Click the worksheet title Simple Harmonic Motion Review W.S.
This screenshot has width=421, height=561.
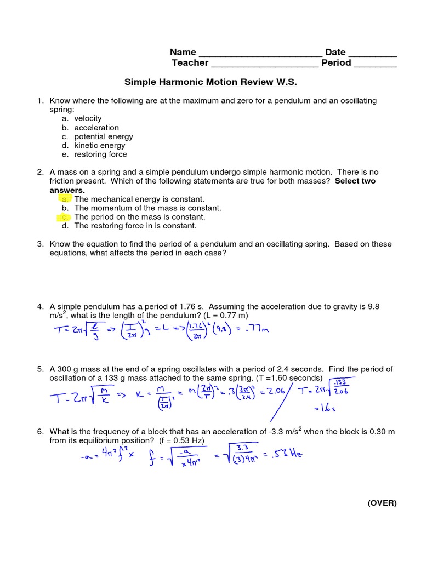(210, 82)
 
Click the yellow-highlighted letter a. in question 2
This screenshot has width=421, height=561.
(65, 199)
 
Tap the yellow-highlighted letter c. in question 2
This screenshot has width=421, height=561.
(65, 217)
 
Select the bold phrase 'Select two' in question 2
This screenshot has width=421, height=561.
(355, 181)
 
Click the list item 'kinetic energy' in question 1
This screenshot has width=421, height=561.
(100, 145)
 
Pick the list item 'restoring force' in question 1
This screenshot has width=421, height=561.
(101, 154)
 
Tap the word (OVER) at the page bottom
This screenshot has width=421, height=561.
(382, 503)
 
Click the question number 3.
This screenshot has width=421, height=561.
(40, 244)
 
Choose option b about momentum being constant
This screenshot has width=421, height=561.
(140, 208)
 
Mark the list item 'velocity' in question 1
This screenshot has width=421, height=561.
(88, 118)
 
